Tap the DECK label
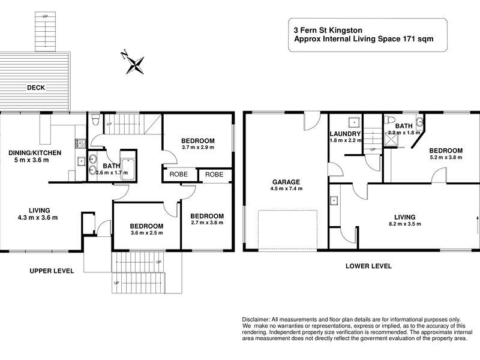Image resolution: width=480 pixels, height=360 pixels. click(x=36, y=88)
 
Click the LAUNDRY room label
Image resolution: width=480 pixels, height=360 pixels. click(x=345, y=134)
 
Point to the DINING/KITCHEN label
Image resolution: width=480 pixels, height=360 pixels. click(x=35, y=153)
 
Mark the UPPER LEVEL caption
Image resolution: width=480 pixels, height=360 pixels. click(x=52, y=271)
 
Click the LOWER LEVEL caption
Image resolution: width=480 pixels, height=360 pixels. click(x=368, y=266)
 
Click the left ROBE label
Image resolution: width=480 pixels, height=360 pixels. click(x=178, y=175)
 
